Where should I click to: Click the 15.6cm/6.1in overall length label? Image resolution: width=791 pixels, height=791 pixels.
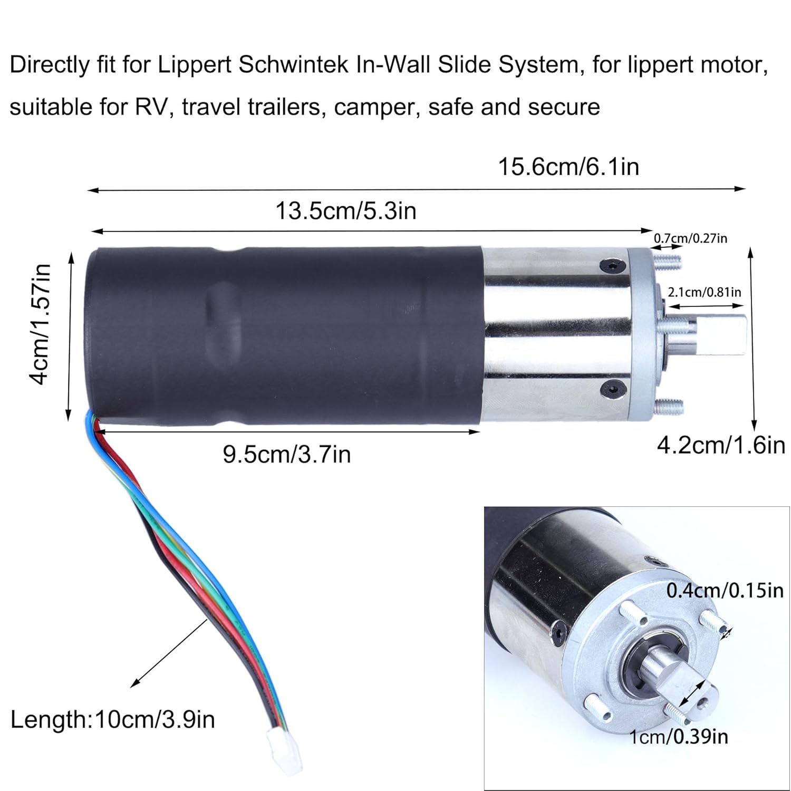pyautogui.click(x=568, y=167)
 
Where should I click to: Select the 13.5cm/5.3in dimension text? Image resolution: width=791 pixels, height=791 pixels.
pyautogui.click(x=346, y=211)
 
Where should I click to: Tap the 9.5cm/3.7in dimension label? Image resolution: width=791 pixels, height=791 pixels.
pyautogui.click(x=286, y=454)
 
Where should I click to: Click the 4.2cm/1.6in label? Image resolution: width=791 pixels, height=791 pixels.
pyautogui.click(x=721, y=446)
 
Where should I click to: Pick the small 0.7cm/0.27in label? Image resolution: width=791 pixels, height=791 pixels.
pyautogui.click(x=690, y=238)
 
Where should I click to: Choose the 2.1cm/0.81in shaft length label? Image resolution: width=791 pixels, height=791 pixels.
pyautogui.click(x=704, y=292)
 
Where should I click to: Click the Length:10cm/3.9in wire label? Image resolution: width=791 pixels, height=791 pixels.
pyautogui.click(x=112, y=719)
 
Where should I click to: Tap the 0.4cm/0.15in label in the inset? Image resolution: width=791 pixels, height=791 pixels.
pyautogui.click(x=725, y=590)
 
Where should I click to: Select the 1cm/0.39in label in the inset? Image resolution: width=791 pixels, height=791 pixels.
pyautogui.click(x=679, y=736)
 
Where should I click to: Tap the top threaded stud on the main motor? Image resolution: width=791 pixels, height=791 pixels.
pyautogui.click(x=668, y=260)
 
